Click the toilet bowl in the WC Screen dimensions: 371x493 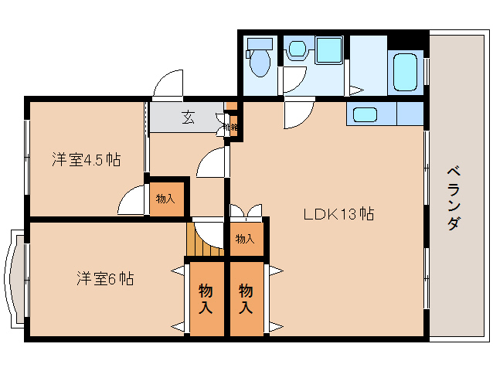[x=260, y=65]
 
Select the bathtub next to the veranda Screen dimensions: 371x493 [x=404, y=73]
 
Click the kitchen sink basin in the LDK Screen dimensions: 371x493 [x=365, y=115]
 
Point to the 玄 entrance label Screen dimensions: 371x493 [x=188, y=117]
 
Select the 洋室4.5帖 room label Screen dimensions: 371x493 [x=86, y=160]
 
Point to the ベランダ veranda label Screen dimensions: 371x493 [x=455, y=198]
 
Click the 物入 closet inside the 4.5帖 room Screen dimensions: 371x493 [x=165, y=199]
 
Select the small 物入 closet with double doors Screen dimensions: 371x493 [x=245, y=239]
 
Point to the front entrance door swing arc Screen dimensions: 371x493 [x=167, y=85]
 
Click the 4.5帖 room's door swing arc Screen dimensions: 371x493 [x=133, y=201]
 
